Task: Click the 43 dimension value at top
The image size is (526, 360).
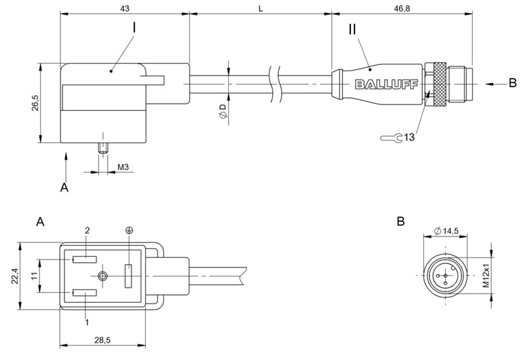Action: pyautogui.click(x=124, y=9)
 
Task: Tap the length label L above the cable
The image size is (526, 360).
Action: pyautogui.click(x=261, y=9)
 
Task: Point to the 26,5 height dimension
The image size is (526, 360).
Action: pyautogui.click(x=34, y=103)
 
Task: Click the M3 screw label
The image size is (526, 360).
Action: pyautogui.click(x=122, y=167)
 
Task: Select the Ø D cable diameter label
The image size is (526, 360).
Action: pyautogui.click(x=223, y=111)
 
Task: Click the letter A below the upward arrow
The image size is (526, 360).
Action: pyautogui.click(x=64, y=188)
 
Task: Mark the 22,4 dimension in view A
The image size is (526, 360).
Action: pyautogui.click(x=15, y=276)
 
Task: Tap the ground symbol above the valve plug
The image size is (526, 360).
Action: pyautogui.click(x=129, y=230)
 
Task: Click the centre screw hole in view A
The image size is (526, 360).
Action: pyautogui.click(x=102, y=276)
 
